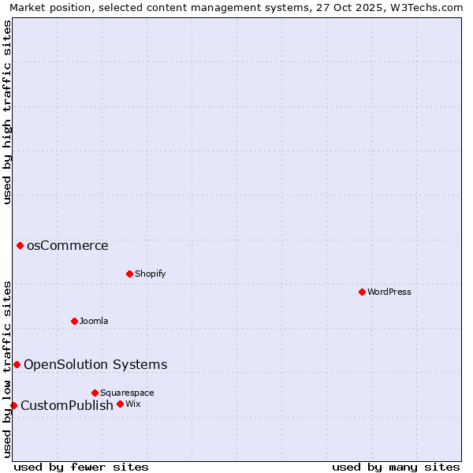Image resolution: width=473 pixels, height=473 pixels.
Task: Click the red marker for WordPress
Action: [362, 292]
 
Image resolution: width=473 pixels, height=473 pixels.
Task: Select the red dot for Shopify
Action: [129, 274]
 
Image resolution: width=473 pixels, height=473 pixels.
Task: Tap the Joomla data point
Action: [74, 321]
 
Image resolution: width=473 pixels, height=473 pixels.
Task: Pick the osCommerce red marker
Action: [20, 245]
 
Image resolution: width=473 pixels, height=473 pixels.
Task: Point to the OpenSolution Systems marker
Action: [17, 364]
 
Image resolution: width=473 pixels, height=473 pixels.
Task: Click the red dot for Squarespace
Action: [95, 393]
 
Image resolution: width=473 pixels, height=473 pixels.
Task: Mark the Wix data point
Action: [120, 404]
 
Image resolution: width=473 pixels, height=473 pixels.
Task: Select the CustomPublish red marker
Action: [13, 405]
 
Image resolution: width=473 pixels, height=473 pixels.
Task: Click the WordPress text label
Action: [389, 292]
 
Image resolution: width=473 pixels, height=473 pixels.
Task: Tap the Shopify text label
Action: [151, 274]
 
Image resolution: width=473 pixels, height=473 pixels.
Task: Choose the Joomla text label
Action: [94, 321]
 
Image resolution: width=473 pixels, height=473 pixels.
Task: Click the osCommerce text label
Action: [68, 245]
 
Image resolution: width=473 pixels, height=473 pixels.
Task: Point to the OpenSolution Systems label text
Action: [95, 364]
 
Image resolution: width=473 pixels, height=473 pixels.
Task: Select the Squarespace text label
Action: [127, 393]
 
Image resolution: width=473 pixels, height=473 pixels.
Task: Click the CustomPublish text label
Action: [67, 405]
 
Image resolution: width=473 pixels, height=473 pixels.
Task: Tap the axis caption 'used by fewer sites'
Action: [81, 467]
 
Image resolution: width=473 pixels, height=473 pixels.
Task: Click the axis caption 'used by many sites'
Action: [396, 467]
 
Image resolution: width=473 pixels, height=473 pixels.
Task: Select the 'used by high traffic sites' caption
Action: [7, 112]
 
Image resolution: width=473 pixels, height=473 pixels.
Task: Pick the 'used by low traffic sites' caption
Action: [7, 368]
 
